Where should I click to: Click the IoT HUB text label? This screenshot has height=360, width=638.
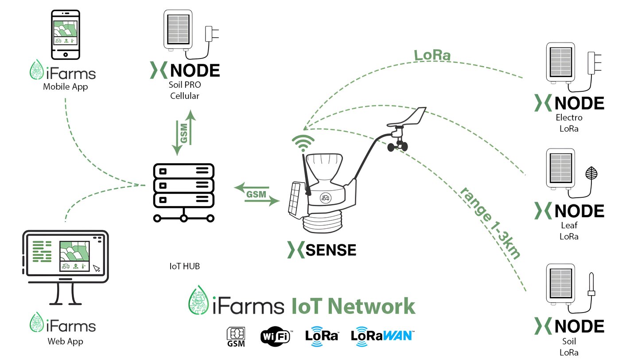coord(184,266)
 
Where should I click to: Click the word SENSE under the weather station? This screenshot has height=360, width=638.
coord(331,250)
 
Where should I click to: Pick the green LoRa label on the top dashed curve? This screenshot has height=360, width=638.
coord(432,56)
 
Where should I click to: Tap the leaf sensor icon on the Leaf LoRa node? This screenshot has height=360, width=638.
coord(591,172)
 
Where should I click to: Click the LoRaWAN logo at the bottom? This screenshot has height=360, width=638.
coord(382,335)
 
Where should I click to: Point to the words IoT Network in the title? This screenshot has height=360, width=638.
coord(353,306)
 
